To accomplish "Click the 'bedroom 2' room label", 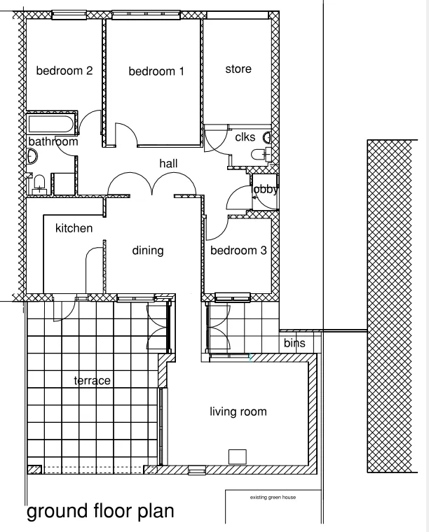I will coord(64,71).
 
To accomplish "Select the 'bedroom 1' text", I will coord(156,71).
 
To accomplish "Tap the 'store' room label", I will coord(238,69).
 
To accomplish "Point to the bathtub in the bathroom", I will coord(50,125).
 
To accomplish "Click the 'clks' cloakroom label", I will coord(245,137).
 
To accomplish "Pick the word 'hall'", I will coord(168,163).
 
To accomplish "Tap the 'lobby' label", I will coord(266,189).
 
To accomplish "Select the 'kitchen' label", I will coord(74,227).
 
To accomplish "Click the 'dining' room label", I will coord(147,250).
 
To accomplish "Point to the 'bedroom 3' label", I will coord(238,251).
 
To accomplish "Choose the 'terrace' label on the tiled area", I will coord(93,380).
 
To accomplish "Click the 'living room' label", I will coord(238,412).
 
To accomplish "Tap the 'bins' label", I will coord(294,344).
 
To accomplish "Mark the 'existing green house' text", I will coord(273,498).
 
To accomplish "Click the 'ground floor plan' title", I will coord(100,512).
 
